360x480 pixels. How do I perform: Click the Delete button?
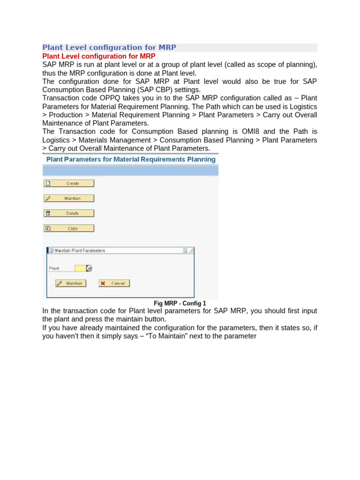pyautogui.click(x=69, y=213)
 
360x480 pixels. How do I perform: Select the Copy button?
pyautogui.click(x=69, y=229)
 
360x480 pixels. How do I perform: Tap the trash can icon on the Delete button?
pyautogui.click(x=47, y=213)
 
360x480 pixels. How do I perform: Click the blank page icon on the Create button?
pyautogui.click(x=47, y=183)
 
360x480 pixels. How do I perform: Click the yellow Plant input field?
pyautogui.click(x=80, y=268)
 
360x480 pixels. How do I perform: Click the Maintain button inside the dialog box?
pyautogui.click(x=71, y=283)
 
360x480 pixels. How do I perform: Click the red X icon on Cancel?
pyautogui.click(x=103, y=283)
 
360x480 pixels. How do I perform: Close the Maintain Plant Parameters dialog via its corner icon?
pyautogui.click(x=185, y=251)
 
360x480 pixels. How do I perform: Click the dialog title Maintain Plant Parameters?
pyautogui.click(x=80, y=251)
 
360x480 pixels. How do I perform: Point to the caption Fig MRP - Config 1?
pyautogui.click(x=180, y=303)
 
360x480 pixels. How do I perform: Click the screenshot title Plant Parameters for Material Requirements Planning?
pyautogui.click(x=130, y=159)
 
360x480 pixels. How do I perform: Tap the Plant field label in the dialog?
pyautogui.click(x=54, y=269)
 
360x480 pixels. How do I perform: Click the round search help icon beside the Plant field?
pyautogui.click(x=90, y=268)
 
